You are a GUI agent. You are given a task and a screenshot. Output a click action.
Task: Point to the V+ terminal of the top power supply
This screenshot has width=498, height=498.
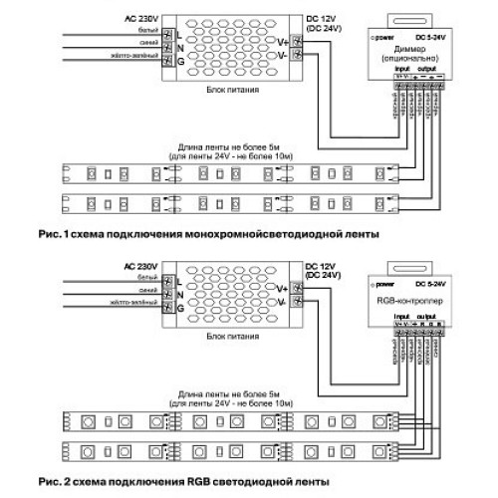point(284,42)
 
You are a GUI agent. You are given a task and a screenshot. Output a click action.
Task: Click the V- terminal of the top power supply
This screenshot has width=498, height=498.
point(284,56)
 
